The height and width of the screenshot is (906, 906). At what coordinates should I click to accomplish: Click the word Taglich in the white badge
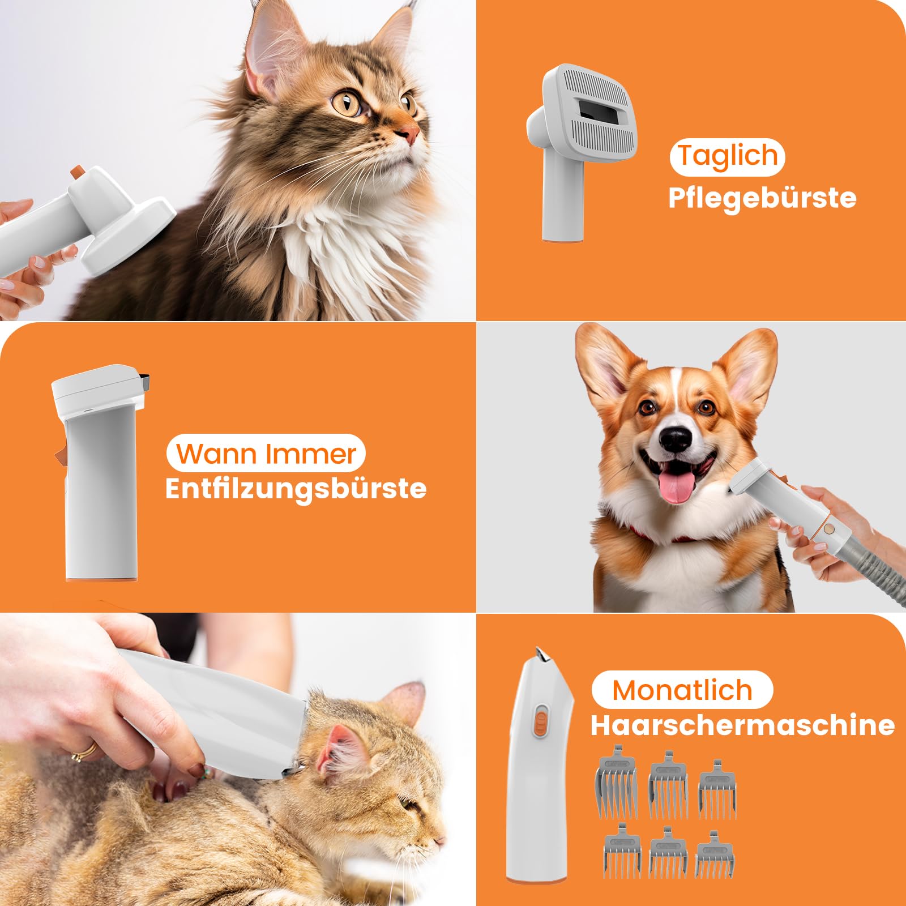(728, 156)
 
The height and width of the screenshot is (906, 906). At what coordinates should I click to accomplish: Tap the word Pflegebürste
(762, 198)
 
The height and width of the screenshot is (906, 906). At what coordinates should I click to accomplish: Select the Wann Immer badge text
(266, 454)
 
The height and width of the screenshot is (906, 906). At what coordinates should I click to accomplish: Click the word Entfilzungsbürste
(296, 489)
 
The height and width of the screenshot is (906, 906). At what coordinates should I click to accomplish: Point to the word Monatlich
(682, 690)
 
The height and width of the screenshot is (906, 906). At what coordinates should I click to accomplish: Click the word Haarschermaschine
(742, 725)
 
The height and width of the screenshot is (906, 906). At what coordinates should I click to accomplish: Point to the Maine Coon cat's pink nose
(410, 134)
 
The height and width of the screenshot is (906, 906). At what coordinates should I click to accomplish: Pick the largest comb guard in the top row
(616, 781)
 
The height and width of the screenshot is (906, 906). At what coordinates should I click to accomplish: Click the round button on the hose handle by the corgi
(829, 529)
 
